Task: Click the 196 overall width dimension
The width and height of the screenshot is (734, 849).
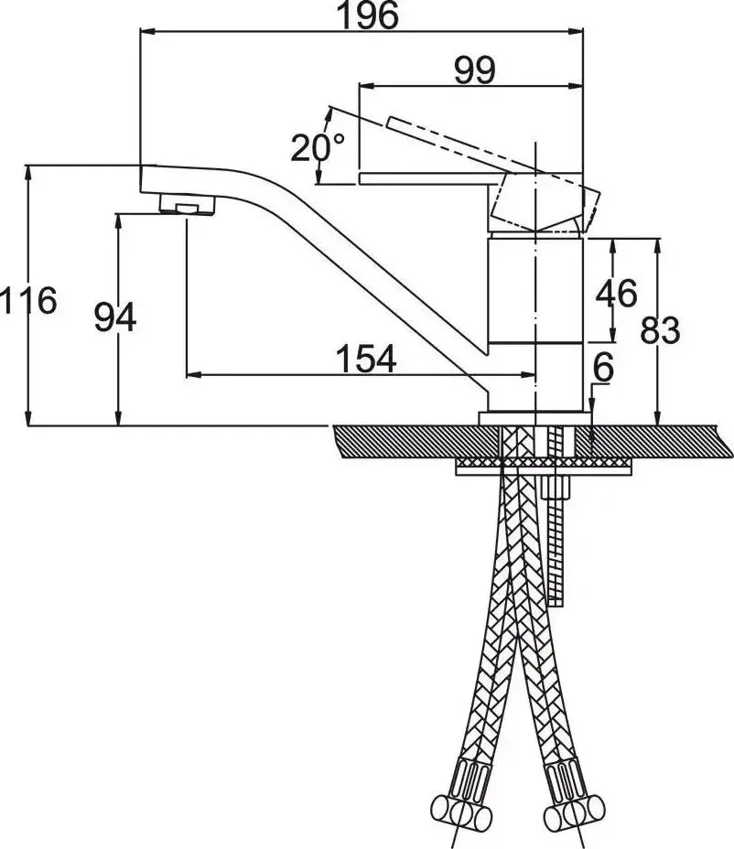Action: [x=368, y=16]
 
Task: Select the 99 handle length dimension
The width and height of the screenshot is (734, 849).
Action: [x=474, y=70]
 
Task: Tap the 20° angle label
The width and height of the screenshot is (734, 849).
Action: [x=318, y=147]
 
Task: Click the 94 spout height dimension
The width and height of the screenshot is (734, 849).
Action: [x=114, y=317]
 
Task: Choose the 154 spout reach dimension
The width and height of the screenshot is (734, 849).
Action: [x=366, y=359]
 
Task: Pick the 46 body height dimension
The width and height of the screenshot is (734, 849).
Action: [x=617, y=294]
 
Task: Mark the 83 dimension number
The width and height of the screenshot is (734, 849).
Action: [x=661, y=331]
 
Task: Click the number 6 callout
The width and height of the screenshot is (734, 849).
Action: [x=603, y=368]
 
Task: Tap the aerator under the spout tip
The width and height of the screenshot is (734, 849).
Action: [x=187, y=205]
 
